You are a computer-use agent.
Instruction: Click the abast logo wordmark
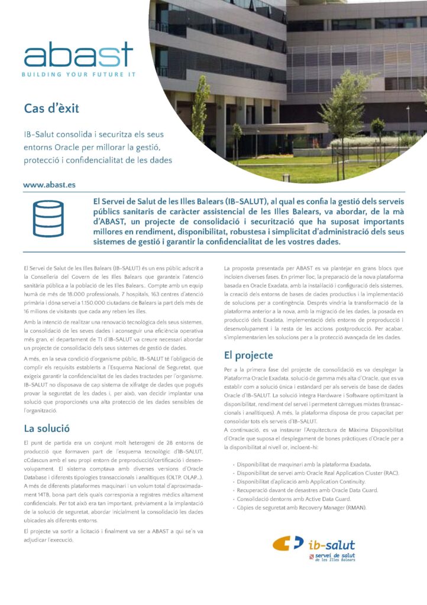(x=79, y=56)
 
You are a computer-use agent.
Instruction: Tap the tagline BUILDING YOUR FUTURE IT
(x=79, y=74)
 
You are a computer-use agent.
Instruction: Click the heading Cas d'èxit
(x=51, y=108)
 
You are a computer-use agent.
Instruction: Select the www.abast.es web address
(x=50, y=185)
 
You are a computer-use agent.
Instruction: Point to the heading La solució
(x=47, y=428)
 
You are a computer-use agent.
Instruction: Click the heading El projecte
(x=248, y=355)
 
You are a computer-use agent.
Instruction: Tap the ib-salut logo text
(x=332, y=545)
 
